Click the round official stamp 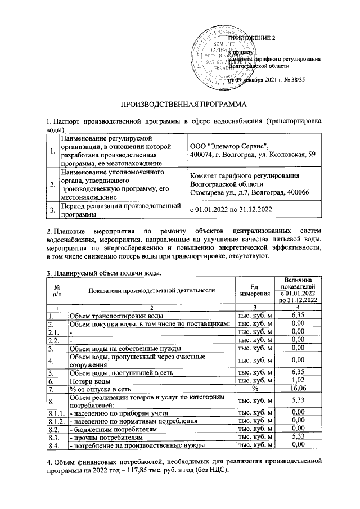pyautogui.click(x=219, y=58)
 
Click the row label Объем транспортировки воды pyautogui.click(x=116, y=316)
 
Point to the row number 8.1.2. pyautogui.click(x=56, y=421)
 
